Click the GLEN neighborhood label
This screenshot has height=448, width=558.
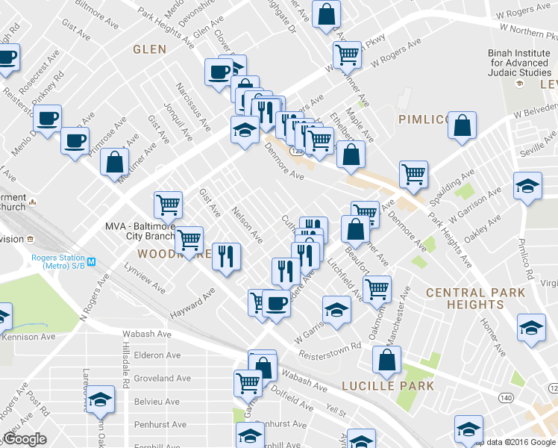(x=149, y=49)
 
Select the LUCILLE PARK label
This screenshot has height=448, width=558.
(x=387, y=386)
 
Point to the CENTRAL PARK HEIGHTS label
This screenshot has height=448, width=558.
(x=475, y=299)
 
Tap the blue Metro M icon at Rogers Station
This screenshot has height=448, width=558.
(x=91, y=261)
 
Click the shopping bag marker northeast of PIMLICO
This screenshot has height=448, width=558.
(x=463, y=126)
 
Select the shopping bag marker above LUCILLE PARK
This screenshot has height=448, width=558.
(x=387, y=360)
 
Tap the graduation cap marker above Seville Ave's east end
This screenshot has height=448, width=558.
(x=527, y=186)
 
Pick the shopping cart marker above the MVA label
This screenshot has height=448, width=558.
(x=169, y=203)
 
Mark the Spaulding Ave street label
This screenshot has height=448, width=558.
(x=457, y=183)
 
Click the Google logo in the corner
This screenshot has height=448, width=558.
(x=25, y=439)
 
